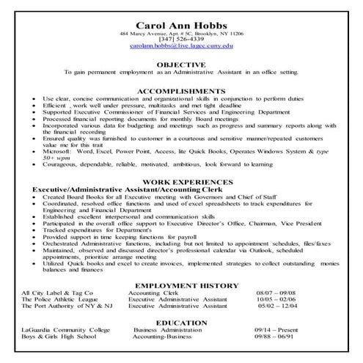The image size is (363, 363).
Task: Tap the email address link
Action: point(181,45)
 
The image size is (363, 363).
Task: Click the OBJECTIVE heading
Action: point(181,64)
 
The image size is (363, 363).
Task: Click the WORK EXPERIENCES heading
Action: point(181,180)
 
